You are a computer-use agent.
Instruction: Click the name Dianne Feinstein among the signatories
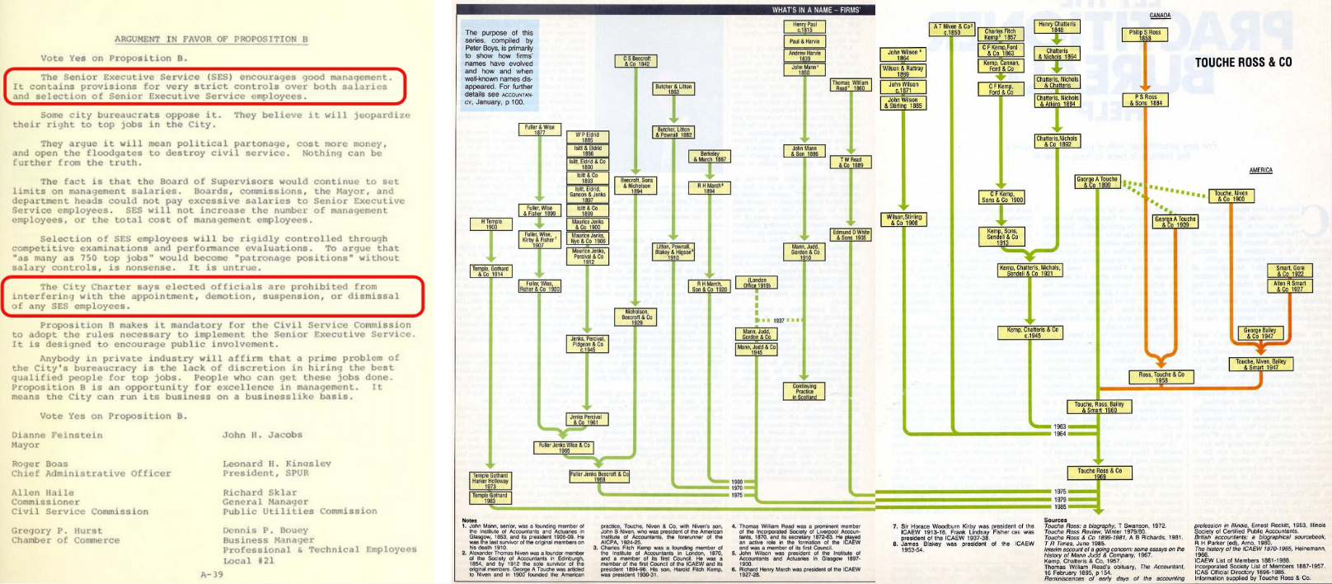click(57, 435)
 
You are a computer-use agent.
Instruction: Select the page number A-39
click(212, 574)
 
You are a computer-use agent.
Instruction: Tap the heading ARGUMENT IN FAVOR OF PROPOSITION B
click(211, 39)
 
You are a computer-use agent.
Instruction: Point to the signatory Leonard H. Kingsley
click(277, 464)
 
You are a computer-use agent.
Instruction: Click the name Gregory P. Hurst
click(57, 530)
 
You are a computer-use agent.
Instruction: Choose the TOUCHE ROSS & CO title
click(1243, 63)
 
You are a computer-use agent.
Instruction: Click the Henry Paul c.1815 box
click(804, 27)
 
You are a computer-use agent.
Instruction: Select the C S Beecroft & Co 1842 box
click(636, 61)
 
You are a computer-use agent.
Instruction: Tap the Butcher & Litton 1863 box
click(673, 88)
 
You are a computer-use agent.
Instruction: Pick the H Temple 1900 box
click(491, 224)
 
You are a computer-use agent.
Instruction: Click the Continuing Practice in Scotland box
click(804, 391)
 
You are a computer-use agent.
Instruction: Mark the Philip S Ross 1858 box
click(1145, 35)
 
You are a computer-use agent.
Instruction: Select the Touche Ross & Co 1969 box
click(1100, 473)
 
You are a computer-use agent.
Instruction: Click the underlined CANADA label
click(1160, 16)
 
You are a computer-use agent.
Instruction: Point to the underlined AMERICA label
click(1260, 171)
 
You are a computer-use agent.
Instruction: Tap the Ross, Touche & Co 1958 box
click(1161, 376)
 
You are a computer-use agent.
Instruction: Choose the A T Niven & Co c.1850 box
click(953, 30)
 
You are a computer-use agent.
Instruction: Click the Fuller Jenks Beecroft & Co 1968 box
click(599, 476)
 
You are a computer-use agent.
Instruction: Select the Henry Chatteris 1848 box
click(1057, 27)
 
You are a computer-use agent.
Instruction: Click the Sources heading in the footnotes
click(1055, 520)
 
